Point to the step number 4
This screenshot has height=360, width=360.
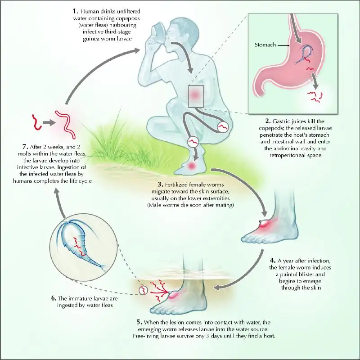coord(272,261)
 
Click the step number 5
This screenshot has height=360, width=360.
coord(139,322)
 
